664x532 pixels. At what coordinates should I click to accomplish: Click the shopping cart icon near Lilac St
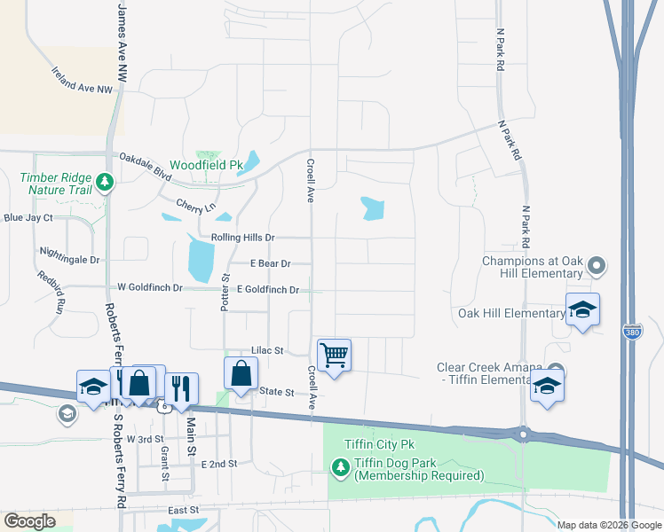point(334,356)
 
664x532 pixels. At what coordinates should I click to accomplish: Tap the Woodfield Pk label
point(206,165)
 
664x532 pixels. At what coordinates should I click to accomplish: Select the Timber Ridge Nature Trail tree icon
point(106,183)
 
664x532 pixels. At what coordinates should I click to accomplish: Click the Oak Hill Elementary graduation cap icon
point(582,309)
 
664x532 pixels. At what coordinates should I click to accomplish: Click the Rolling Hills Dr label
point(244,238)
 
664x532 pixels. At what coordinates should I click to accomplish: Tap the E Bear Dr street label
point(271,263)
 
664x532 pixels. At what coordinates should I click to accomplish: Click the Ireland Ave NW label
point(83,81)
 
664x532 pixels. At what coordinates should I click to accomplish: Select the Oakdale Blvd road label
point(146,163)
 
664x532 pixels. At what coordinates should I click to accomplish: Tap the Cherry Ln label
point(196,206)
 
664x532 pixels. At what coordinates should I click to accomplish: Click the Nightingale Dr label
point(70,260)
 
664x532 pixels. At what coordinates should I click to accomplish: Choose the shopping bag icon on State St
point(241,373)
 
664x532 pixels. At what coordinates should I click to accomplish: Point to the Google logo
point(29,521)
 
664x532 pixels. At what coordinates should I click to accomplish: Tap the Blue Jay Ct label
point(28,217)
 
